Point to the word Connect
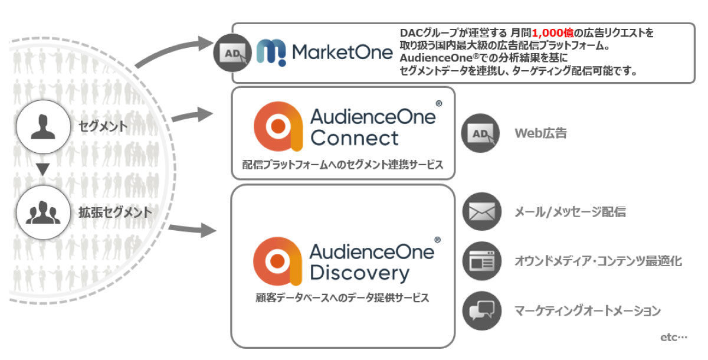(x=355, y=138)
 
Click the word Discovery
(x=359, y=273)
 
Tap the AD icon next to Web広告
(x=480, y=133)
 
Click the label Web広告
(x=540, y=133)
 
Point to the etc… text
(x=674, y=338)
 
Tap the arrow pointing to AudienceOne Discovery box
(x=192, y=230)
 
